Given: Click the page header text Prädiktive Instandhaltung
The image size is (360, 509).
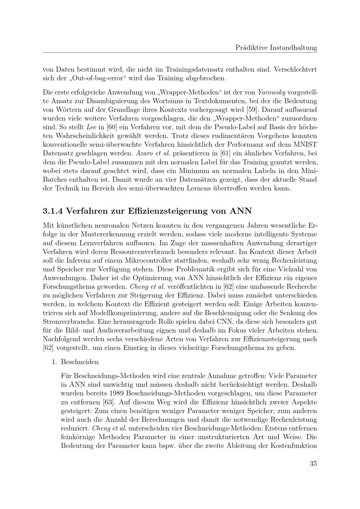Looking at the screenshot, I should click(x=276, y=47).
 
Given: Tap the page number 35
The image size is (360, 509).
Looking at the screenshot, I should click(x=313, y=463).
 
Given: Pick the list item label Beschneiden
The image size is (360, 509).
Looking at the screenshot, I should click(x=80, y=362).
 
